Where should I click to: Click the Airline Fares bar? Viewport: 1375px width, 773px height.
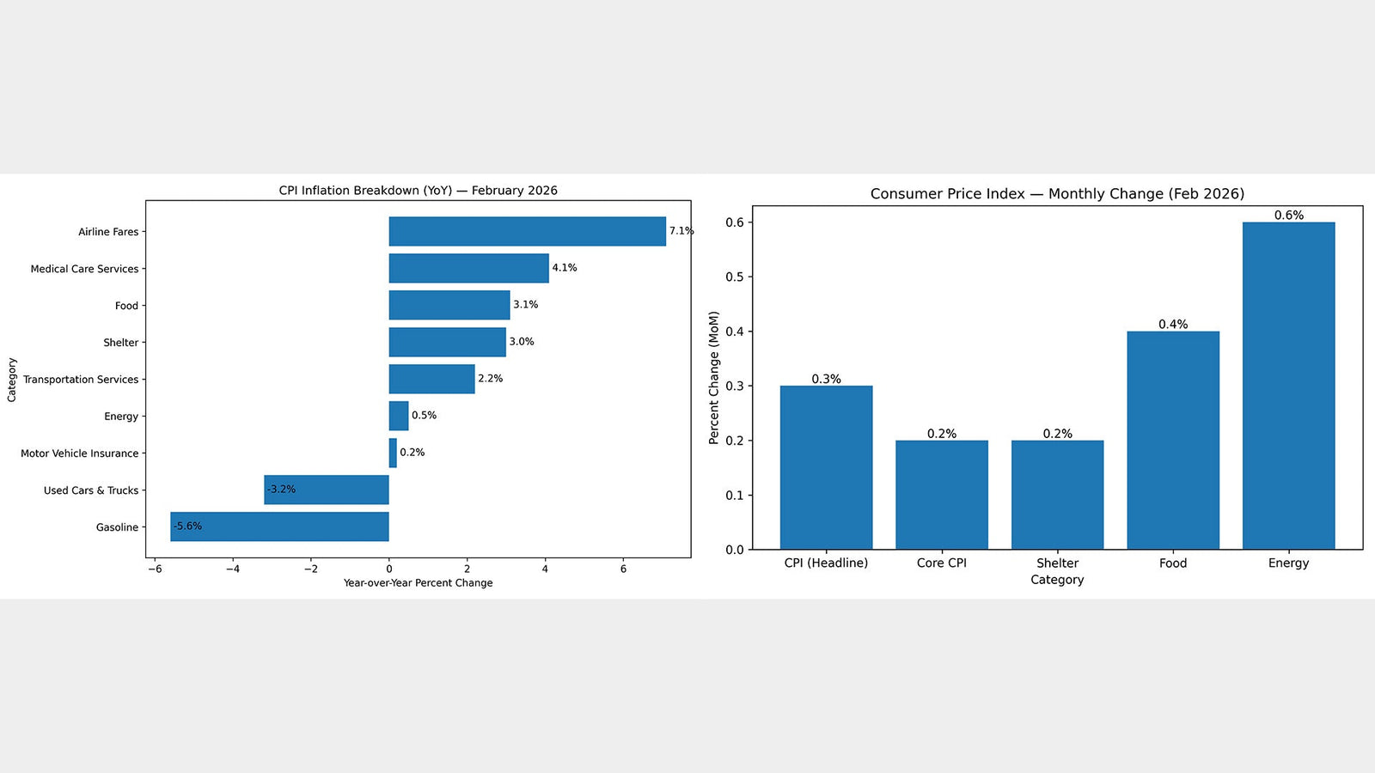click(x=528, y=231)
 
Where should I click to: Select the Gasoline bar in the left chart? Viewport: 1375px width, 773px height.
click(x=279, y=526)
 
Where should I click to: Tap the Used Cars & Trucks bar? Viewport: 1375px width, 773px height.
click(x=327, y=490)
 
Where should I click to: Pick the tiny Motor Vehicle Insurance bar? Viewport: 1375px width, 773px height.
click(x=393, y=453)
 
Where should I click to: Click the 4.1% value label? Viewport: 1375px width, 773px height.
click(x=564, y=267)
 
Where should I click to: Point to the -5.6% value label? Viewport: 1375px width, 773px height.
click(x=187, y=526)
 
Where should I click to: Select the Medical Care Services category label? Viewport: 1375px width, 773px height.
click(x=85, y=269)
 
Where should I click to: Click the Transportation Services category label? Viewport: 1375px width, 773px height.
click(x=81, y=379)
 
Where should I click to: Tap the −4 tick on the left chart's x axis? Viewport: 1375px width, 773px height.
click(x=232, y=569)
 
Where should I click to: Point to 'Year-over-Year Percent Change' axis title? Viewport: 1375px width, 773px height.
click(x=418, y=583)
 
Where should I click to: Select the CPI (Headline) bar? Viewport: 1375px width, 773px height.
click(x=826, y=467)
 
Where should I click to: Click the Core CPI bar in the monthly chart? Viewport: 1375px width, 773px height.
click(x=942, y=495)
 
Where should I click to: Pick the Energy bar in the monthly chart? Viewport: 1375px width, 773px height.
click(x=1288, y=386)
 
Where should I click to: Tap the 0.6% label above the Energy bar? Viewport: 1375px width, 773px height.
click(x=1289, y=215)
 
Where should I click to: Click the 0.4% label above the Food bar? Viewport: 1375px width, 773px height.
click(x=1173, y=324)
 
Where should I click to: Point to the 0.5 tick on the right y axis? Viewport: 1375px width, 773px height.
click(x=735, y=277)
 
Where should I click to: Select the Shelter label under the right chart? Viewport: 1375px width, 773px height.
click(x=1057, y=563)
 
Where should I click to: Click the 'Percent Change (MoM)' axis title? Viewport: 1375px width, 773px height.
click(x=713, y=378)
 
